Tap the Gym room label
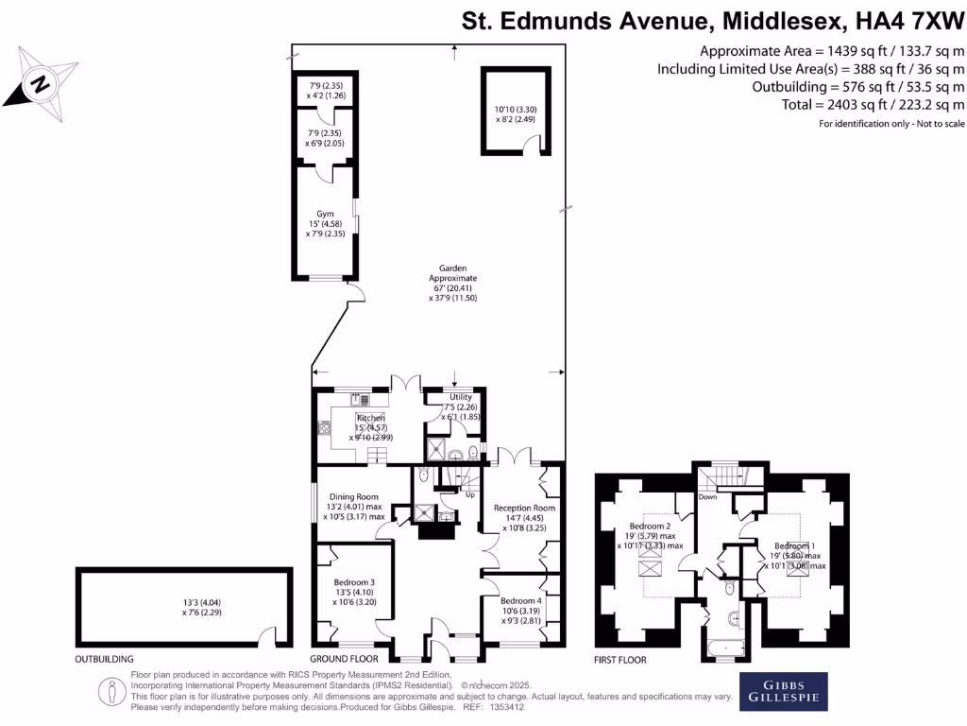326,214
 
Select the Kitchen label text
370,418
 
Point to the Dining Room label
353,497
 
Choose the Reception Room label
524,508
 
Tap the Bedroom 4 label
521,601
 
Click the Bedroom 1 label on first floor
794,546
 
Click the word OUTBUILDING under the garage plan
104,659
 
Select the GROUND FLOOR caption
344,659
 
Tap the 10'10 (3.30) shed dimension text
515,109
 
